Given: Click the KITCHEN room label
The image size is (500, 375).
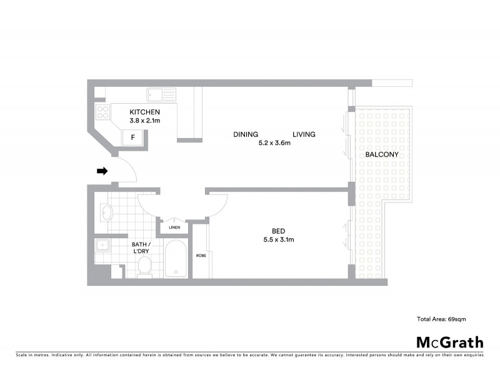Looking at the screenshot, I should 140,112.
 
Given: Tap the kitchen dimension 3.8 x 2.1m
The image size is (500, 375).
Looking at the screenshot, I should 144,121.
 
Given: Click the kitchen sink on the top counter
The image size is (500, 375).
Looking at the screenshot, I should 161,95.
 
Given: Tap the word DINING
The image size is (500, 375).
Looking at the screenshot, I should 246,134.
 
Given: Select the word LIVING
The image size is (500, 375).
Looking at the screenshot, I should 303,134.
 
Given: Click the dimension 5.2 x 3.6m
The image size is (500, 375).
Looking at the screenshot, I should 274,143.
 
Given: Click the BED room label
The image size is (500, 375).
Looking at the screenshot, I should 278,229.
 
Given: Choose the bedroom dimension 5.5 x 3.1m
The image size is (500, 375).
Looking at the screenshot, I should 279,239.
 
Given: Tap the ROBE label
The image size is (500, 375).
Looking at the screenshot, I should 201,256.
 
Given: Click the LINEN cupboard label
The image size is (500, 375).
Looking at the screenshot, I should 174,227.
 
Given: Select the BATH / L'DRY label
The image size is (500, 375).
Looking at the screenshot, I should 140,247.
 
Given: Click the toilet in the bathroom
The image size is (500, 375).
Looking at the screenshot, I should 145,267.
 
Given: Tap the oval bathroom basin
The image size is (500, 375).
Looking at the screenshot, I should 106,212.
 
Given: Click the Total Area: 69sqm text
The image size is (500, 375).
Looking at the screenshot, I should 441,319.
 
